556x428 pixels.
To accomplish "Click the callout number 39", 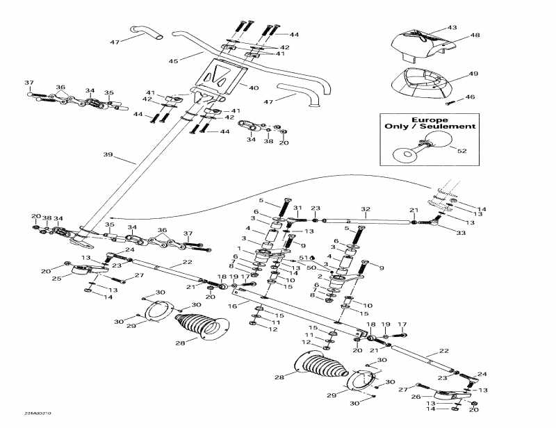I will [107, 154].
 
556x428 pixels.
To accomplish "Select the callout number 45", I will [173, 61].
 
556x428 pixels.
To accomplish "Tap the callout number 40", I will [253, 88].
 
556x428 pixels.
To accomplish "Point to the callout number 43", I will [452, 27].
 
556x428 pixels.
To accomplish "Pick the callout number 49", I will [473, 74].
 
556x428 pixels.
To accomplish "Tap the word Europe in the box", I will [431, 117].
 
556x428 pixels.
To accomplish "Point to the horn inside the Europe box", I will [407, 151].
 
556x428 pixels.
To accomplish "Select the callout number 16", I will [233, 305].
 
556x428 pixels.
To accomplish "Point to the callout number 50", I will [311, 266].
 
